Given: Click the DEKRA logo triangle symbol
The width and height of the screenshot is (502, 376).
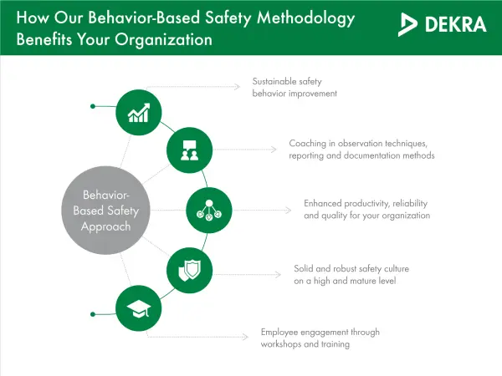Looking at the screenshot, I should pos(411,25).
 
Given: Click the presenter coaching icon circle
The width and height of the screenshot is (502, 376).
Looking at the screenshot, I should pos(187,150).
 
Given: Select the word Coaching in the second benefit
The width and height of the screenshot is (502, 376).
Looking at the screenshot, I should pos(307,143).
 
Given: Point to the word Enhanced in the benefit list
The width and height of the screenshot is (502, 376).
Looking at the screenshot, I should pos(323,203).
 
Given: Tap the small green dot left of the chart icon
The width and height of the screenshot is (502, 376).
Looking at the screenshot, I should pos(92,106).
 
